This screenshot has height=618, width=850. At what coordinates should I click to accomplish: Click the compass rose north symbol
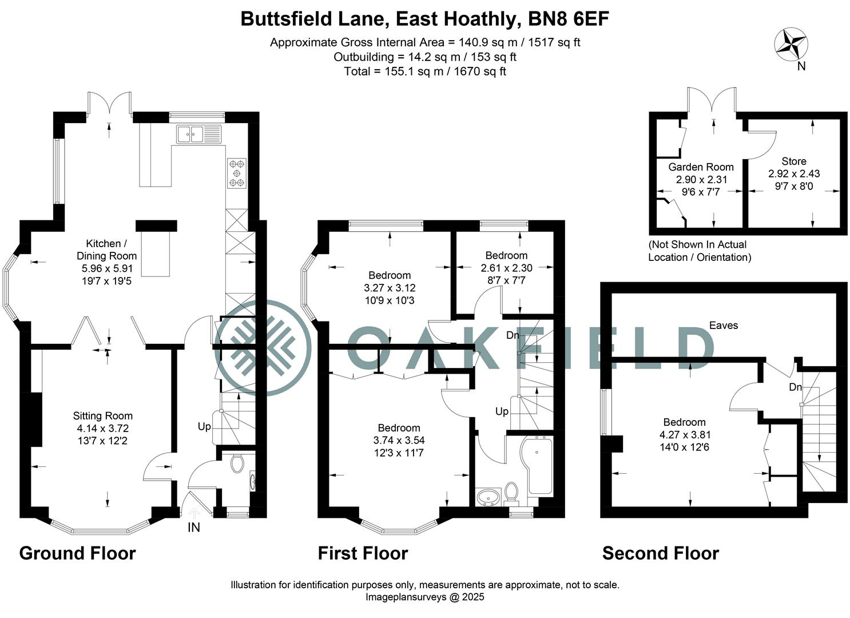791,45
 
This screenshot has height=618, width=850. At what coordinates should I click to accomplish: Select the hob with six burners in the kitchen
237,173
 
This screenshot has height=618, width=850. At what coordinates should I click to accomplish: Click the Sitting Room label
103,416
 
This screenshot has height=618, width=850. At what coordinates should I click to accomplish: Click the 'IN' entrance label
194,528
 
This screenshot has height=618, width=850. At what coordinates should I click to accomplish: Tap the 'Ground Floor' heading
77,553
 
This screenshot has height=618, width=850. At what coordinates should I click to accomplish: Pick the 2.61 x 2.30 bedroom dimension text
506,268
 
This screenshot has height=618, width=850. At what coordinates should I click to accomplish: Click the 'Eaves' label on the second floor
724,325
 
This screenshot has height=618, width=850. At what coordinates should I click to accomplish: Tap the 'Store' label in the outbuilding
794,161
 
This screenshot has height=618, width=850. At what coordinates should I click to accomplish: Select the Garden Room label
701,167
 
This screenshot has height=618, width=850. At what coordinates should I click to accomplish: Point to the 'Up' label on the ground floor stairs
204,427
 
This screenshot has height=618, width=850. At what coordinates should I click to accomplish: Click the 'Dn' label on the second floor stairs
795,387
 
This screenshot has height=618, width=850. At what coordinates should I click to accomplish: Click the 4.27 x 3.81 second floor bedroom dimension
685,435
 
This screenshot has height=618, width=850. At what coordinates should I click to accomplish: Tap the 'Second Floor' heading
660,553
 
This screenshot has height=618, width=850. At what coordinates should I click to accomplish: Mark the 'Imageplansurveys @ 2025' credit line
424,597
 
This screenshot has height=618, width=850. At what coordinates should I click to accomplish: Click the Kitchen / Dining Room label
106,249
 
